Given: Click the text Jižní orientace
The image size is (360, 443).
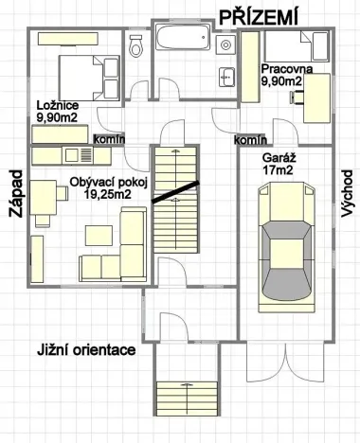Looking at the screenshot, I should click(85, 349).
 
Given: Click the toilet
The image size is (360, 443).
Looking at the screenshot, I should click(136, 43).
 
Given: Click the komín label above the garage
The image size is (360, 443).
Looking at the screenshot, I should click(250, 139).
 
